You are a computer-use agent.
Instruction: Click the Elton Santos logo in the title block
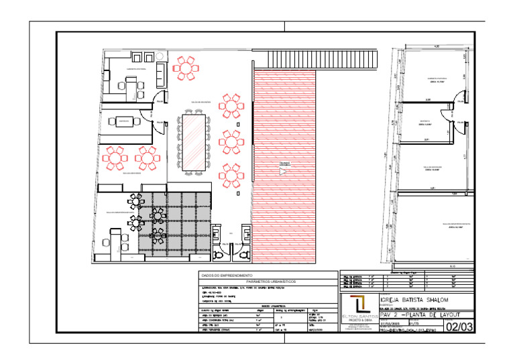(x=359, y=307)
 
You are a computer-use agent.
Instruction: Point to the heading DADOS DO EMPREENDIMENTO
(x=227, y=276)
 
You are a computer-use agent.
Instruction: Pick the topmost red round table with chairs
(x=186, y=66)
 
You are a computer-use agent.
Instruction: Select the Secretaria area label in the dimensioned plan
(x=425, y=123)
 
